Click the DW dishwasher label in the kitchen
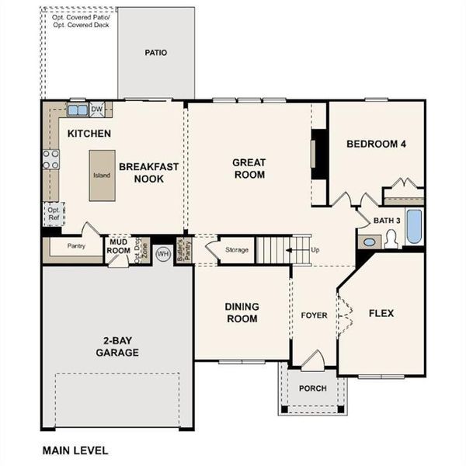(x=97, y=109)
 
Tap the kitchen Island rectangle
(x=102, y=176)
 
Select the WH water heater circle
(x=163, y=253)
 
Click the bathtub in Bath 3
(x=414, y=226)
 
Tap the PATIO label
(x=156, y=53)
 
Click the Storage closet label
(x=236, y=250)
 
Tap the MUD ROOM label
(x=119, y=246)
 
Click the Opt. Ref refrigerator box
(x=54, y=213)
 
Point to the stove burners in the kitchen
(x=50, y=159)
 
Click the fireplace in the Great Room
(x=316, y=154)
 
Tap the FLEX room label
(x=381, y=314)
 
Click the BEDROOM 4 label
(x=376, y=144)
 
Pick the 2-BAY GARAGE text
(x=118, y=347)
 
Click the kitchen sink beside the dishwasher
(x=77, y=110)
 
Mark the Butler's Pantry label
(x=184, y=251)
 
